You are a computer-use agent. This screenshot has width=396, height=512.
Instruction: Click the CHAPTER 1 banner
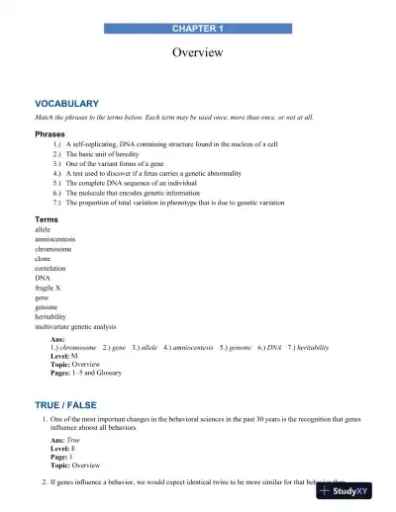[198, 31]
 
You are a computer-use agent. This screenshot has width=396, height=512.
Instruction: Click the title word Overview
[198, 52]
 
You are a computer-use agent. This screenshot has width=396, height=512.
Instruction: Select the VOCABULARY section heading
[66, 104]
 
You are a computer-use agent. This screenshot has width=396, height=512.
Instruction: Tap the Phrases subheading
[51, 132]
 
